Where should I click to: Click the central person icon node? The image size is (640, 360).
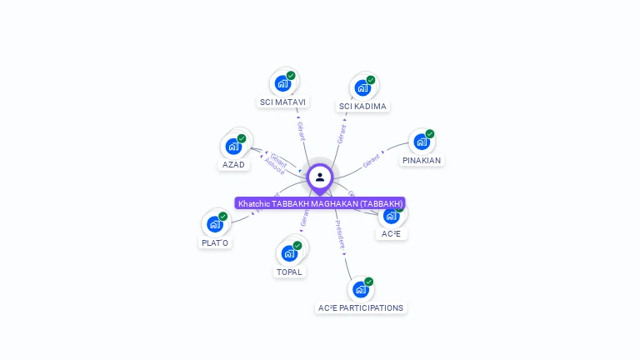click(320, 177)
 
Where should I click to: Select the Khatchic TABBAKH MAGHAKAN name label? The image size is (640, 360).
click(320, 203)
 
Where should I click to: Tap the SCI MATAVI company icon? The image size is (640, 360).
click(283, 83)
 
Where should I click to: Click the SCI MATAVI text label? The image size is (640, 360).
click(282, 102)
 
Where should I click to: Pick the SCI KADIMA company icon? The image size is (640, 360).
click(362, 87)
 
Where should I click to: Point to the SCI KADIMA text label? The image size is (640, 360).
click(362, 107)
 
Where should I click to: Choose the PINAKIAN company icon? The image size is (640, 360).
click(422, 142)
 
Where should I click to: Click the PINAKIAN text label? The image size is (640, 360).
click(421, 160)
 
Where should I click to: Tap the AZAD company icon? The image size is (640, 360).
click(233, 146)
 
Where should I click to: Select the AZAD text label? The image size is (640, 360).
click(233, 165)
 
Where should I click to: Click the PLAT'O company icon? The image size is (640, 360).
click(215, 224)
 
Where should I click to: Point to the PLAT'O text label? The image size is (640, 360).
click(215, 243)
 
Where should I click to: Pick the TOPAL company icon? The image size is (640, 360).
click(289, 253)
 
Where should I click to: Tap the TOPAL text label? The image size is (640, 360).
click(289, 272)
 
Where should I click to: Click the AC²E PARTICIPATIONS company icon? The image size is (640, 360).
click(361, 289)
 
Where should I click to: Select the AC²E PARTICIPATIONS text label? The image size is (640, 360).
click(361, 308)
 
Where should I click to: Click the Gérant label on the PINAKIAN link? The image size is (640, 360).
click(371, 160)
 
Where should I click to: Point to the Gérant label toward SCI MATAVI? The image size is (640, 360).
click(301, 131)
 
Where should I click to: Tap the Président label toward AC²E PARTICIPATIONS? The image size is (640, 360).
click(338, 237)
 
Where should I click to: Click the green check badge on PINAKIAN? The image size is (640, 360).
click(430, 133)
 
